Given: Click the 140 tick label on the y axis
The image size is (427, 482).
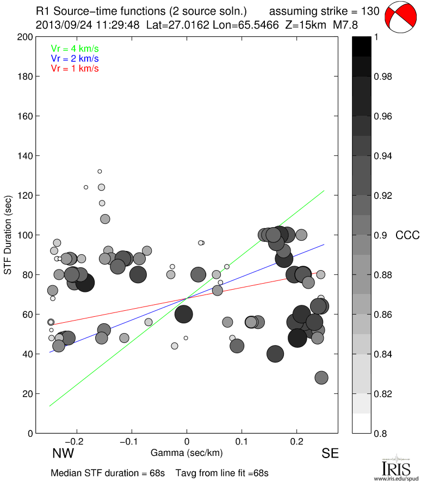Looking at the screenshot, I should pos(25,156).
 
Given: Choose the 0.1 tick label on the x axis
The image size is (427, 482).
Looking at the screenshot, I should pos(242,441).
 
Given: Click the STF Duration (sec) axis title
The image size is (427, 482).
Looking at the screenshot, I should pos(8,235).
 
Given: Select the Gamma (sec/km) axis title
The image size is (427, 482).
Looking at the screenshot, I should pos(187,453).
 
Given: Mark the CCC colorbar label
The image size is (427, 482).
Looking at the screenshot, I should pos(407,235).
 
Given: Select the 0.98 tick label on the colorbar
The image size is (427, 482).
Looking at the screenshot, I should pos(383,77).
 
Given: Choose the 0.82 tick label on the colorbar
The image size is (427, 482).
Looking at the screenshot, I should pos(383,393).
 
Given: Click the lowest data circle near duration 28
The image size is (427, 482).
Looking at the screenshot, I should pos(321,378).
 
